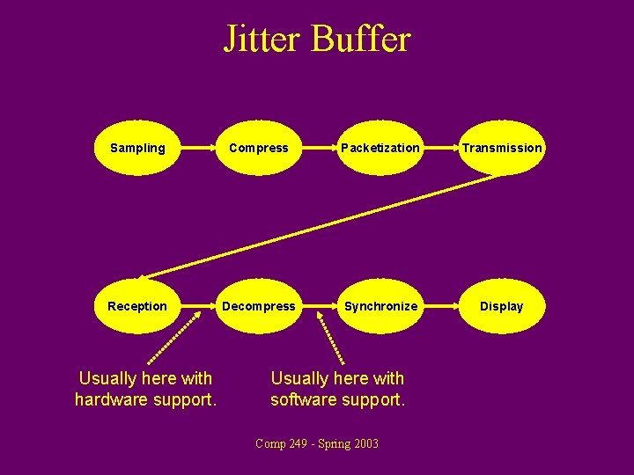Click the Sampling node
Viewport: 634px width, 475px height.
point(136,148)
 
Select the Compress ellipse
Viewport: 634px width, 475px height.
point(258,148)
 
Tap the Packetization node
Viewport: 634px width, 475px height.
point(380,148)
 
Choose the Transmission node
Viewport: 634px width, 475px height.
point(502,148)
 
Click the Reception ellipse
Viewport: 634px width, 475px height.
point(136,306)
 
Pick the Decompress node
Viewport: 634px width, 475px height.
point(258,306)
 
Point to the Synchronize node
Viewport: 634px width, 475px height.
point(380,306)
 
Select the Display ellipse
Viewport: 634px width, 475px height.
point(502,306)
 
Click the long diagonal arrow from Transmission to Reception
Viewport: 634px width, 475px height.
point(317,224)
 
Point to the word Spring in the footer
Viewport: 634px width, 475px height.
point(331,444)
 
